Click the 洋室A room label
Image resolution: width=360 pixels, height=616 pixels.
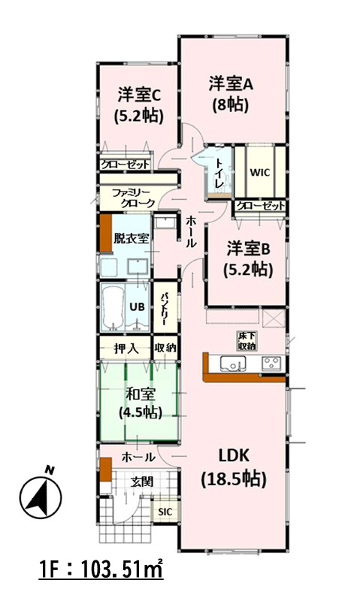pos(230,84)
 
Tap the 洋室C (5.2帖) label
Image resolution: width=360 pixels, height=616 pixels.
pos(139,106)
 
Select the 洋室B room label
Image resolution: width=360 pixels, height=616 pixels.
pos(248,249)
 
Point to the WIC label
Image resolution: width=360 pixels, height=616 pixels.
pos(259,173)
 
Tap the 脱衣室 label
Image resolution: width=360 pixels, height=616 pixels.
pos(131,238)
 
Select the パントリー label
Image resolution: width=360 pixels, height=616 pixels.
pos(165,307)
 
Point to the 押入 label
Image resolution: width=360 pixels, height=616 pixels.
pos(126,348)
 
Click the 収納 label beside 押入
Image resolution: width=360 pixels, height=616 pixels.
pos(165,348)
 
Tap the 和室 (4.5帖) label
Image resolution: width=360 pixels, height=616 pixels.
pos(141,403)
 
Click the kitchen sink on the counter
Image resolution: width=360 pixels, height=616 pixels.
pos(233,364)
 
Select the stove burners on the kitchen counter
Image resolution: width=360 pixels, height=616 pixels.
pos(273,364)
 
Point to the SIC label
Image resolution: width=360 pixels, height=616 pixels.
pos(165,512)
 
